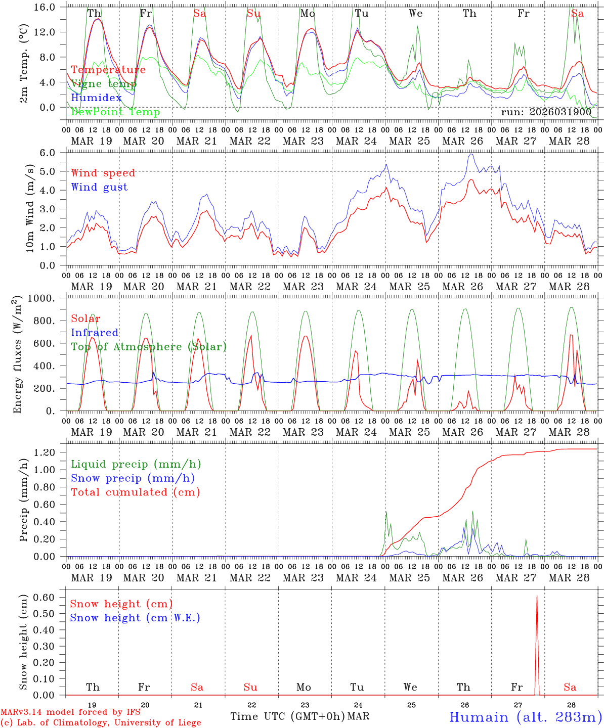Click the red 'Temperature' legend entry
[x=108, y=70]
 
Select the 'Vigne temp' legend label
[x=103, y=84]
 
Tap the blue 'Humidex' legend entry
[x=96, y=98]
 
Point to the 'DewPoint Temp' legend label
[x=115, y=112]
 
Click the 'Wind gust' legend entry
[x=99, y=187]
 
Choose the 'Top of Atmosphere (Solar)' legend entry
[x=148, y=347]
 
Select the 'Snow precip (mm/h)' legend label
[x=133, y=478]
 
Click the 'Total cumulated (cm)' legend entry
[x=135, y=492]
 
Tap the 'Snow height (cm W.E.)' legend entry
[x=135, y=618]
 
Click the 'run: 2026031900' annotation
[x=546, y=112]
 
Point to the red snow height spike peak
[x=537, y=596]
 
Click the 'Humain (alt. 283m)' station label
[x=525, y=717]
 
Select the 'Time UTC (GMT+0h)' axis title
[x=287, y=716]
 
